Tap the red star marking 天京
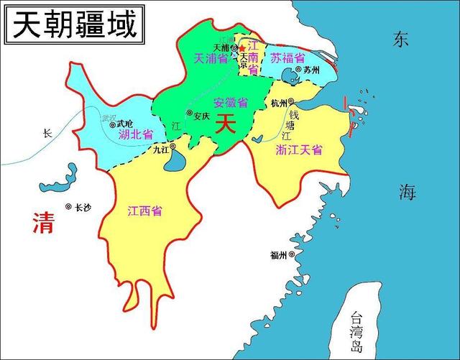(x=241, y=49)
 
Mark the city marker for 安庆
(x=190, y=113)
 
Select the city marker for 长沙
(x=68, y=207)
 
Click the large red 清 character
(x=43, y=223)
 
